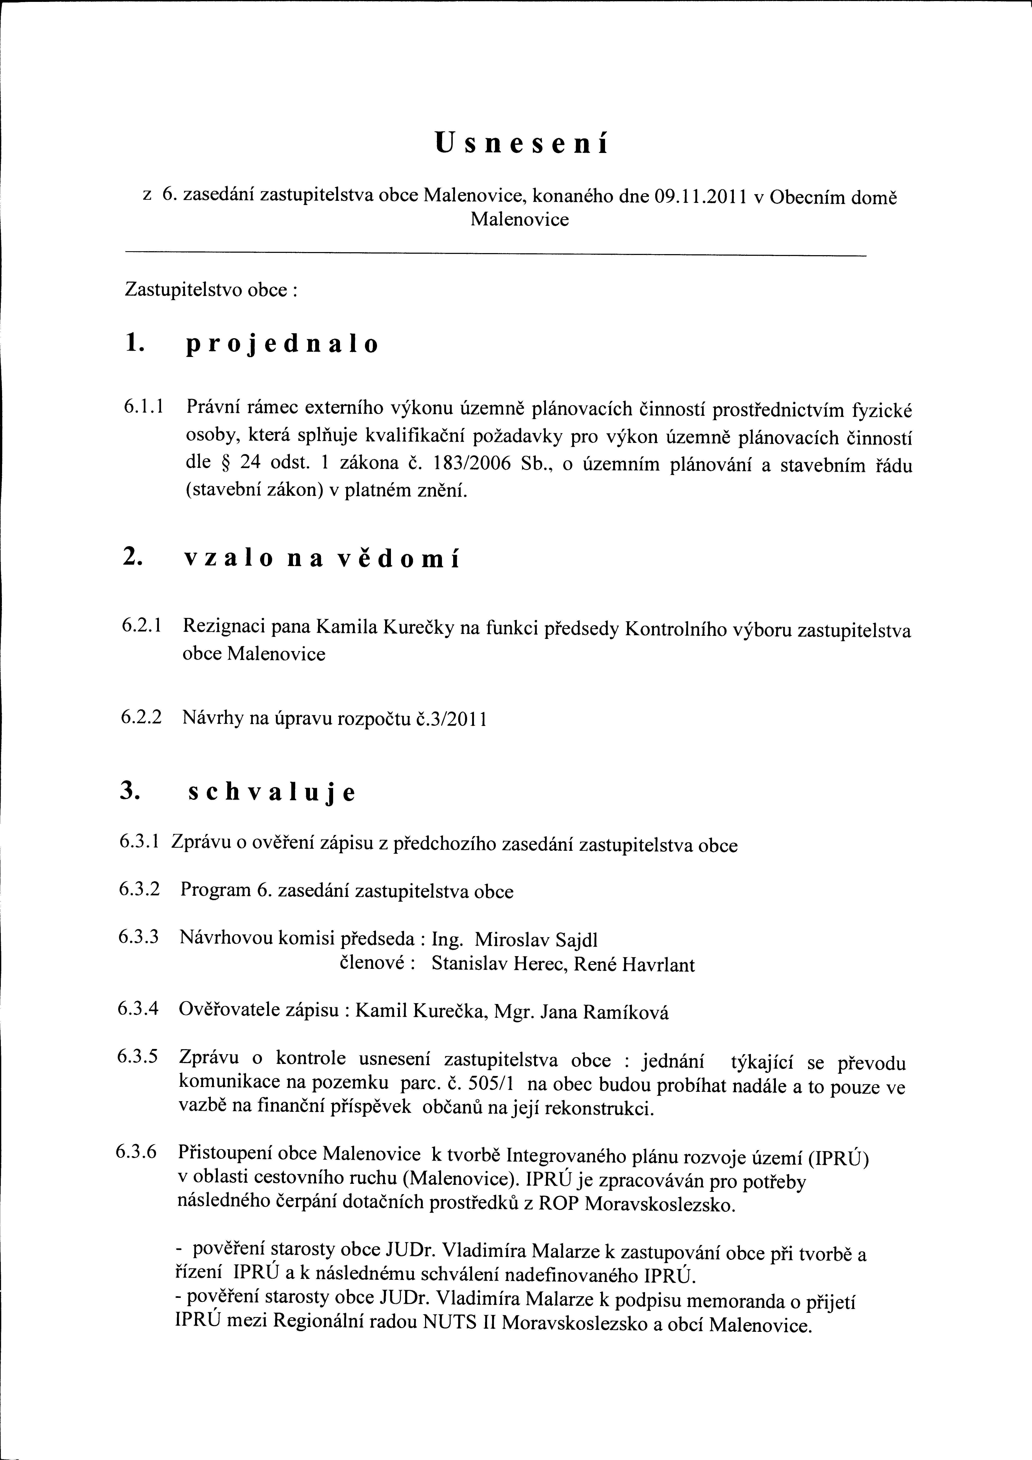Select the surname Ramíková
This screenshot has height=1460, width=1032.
point(626,1012)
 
